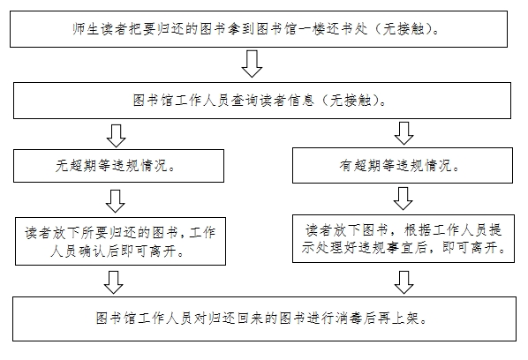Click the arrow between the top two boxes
252,64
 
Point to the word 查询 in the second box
245,101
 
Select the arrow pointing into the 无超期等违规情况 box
117,136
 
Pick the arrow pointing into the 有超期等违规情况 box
404,133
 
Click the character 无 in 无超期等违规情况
62,166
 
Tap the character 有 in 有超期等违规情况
346,166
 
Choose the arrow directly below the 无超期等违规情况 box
116,201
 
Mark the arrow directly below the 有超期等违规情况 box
404,199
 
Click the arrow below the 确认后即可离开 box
114,282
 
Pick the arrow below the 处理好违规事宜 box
404,282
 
